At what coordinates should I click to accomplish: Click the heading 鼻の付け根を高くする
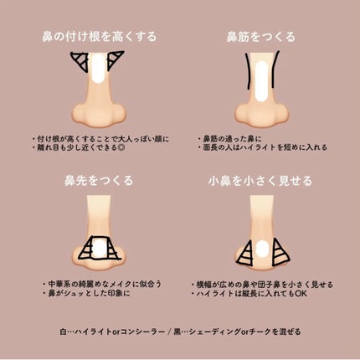pos(98,37)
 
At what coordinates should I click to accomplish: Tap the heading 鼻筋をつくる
pos(260,37)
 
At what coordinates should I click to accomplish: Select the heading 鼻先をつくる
pos(98,180)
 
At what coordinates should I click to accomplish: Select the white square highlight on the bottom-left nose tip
pos(98,248)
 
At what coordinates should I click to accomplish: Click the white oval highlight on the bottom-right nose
pos(261,248)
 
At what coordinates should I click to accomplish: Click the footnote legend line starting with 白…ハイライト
pos(180,331)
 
